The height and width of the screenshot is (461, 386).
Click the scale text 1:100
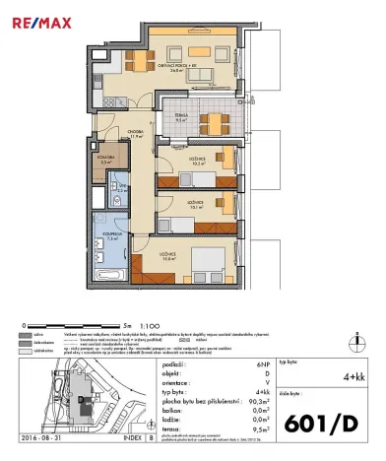coord(152,323)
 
